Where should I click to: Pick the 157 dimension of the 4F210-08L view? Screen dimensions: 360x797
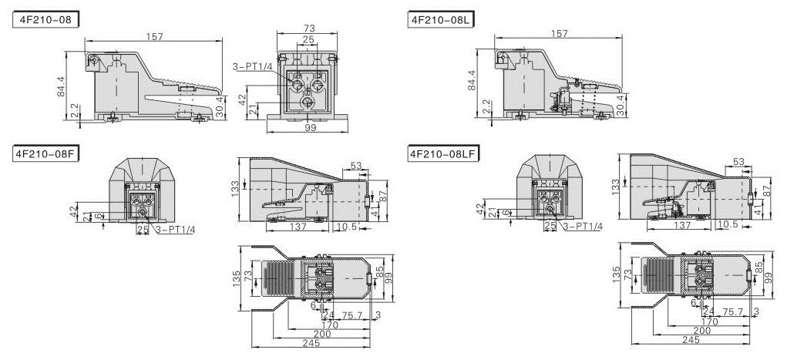(x=560, y=34)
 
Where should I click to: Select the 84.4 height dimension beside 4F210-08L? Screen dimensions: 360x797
(x=472, y=82)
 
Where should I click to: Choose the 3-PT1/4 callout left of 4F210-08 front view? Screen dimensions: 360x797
(x=251, y=68)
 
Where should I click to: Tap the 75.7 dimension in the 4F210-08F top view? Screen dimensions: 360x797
(x=351, y=315)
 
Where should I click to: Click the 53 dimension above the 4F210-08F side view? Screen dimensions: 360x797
(x=356, y=164)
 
